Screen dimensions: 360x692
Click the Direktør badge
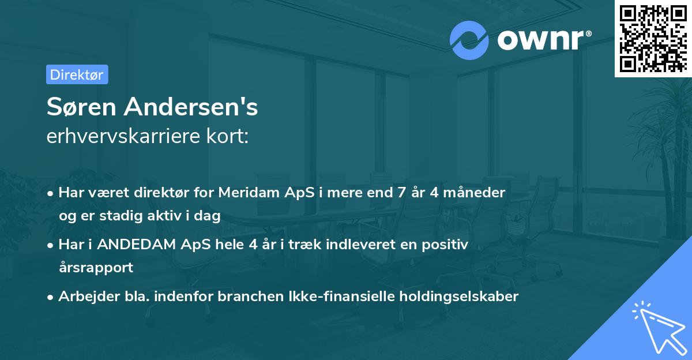77,74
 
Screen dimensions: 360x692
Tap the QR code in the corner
653,38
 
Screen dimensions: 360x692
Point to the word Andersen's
194,107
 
